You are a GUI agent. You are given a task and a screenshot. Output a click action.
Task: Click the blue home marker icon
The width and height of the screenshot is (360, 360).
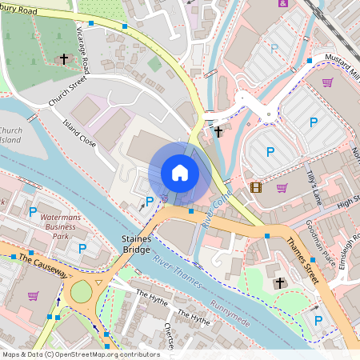coord(180,173)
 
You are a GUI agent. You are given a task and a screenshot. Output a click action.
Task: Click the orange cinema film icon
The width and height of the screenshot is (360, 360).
coord(255,188)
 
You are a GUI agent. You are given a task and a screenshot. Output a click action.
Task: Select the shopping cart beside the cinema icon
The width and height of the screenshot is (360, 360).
coord(282,188)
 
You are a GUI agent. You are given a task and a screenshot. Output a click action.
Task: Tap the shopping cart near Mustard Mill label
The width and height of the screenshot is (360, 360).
coord(327,82)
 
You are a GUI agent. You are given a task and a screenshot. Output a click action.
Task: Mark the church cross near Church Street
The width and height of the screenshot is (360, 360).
coord(64,59)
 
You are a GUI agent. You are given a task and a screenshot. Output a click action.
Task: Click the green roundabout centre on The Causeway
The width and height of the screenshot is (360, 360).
coord(82,293)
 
